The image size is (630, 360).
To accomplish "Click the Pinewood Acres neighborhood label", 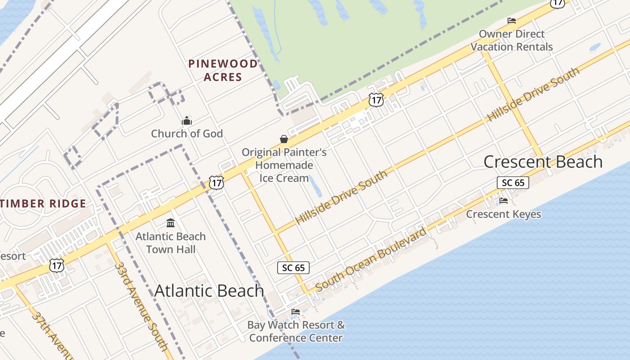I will point(223,70).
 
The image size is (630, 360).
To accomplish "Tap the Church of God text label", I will point(187,134).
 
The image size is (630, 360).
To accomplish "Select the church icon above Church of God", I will point(187,121).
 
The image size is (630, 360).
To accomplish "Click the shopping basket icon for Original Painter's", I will point(284,139).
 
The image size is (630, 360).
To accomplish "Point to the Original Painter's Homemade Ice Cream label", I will point(284,165).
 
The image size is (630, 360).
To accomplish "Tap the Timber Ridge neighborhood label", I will point(43,203).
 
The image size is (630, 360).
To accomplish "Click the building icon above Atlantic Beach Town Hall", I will point(171,223).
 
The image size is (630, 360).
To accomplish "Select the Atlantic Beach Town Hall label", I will point(171,243).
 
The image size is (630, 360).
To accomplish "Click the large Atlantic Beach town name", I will point(209,291).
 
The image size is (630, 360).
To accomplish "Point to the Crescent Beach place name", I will point(543,162).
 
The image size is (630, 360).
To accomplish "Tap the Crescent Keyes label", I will point(504,214).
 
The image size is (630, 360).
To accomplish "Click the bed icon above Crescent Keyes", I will point(504,200).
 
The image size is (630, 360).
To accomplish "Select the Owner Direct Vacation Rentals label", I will point(512,40).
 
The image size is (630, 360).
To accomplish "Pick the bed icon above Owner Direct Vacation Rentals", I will point(512,20).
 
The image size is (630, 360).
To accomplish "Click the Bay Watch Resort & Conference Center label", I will point(297,331).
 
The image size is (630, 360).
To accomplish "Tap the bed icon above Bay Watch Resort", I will point(296,311).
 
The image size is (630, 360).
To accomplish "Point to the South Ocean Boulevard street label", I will point(371,260).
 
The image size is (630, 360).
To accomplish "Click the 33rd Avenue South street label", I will point(141,306).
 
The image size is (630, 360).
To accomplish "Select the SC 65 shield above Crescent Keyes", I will point(513,182).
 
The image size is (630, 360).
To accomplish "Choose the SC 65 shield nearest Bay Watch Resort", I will point(293,268).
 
